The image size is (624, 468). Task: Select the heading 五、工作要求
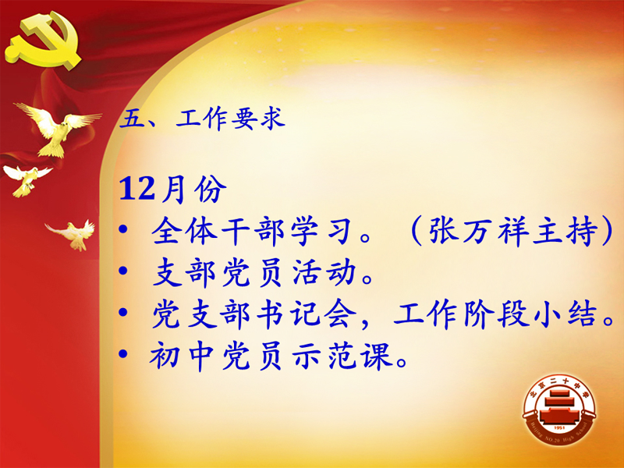[203, 119]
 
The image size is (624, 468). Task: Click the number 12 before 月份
[137, 189]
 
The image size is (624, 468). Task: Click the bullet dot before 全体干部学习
[123, 229]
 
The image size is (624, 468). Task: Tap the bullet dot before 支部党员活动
[123, 271]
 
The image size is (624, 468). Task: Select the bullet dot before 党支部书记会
[123, 313]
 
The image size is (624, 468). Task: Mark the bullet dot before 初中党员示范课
[123, 353]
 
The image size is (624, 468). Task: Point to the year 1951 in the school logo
[559, 428]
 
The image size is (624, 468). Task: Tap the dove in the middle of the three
[28, 180]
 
